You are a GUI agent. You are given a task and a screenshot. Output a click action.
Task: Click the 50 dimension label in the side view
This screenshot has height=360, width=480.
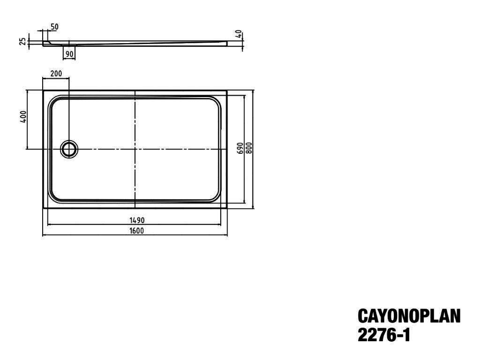[x=54, y=27]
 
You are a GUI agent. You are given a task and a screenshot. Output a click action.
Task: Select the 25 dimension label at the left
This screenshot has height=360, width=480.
[x=23, y=41]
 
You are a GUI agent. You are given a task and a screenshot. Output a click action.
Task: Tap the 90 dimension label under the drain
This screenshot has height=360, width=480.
[x=69, y=54]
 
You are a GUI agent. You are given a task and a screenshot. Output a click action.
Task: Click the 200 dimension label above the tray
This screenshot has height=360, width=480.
[x=56, y=74]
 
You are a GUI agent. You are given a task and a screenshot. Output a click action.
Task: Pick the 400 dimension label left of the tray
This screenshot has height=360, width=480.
[x=23, y=117]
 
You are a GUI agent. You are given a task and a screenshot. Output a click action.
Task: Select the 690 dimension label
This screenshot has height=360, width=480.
[x=240, y=148]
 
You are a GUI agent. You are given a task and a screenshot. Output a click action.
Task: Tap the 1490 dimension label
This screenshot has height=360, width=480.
[x=137, y=220]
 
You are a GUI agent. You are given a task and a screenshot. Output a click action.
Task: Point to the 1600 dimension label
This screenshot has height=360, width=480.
[x=136, y=231]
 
